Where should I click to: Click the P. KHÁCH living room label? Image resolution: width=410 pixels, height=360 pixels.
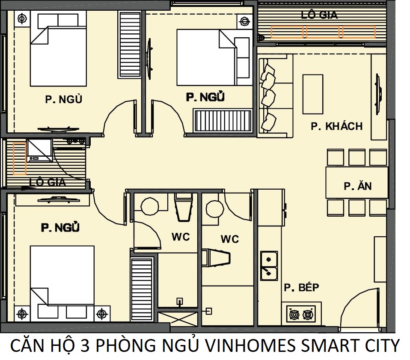click(x=336, y=126)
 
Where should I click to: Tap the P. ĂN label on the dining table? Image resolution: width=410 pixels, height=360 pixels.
click(x=357, y=186)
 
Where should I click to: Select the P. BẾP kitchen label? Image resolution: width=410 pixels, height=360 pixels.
click(x=301, y=287)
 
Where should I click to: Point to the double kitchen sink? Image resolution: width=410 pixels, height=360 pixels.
click(x=269, y=265)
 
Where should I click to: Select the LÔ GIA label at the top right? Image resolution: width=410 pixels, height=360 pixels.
click(x=319, y=15)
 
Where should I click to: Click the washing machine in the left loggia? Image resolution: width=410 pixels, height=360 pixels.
click(x=39, y=150)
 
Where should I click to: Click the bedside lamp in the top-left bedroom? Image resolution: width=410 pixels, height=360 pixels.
click(x=22, y=18)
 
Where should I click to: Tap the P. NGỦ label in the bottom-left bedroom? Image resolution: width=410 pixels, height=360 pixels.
click(x=60, y=228)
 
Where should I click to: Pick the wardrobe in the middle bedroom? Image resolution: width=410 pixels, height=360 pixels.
click(x=222, y=121)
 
